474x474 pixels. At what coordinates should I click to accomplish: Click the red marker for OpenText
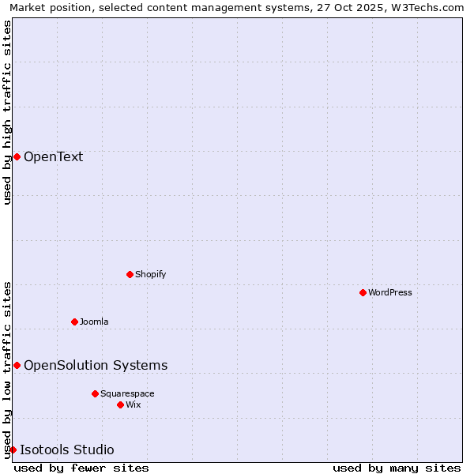point(17,156)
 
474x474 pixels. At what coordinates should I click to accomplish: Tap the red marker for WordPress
point(363,292)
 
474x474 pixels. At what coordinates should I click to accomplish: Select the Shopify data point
point(130,274)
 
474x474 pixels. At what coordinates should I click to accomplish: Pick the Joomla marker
point(74,322)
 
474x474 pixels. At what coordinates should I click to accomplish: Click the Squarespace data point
point(95,393)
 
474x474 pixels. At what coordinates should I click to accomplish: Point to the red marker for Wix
point(120,404)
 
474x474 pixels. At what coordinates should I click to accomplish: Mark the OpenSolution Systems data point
point(17,365)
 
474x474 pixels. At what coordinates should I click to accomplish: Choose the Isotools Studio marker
point(13,450)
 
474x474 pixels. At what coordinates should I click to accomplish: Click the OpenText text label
point(53,156)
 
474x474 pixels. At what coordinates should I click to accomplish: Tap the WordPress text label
point(390,292)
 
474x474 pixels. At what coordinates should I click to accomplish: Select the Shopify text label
point(150,274)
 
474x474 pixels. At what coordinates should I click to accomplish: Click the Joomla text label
point(94,322)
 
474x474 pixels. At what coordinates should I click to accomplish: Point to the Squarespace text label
point(127,393)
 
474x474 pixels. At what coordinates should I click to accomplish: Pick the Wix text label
point(134,404)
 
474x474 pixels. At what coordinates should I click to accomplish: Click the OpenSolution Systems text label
point(96,365)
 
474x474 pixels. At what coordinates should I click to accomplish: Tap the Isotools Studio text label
point(67,450)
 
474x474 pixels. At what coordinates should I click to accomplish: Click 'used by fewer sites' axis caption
point(81,468)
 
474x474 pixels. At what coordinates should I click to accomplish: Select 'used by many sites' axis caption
point(397,468)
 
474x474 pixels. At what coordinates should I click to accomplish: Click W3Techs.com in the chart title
point(431,7)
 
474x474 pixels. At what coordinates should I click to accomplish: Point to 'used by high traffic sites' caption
point(7,112)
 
